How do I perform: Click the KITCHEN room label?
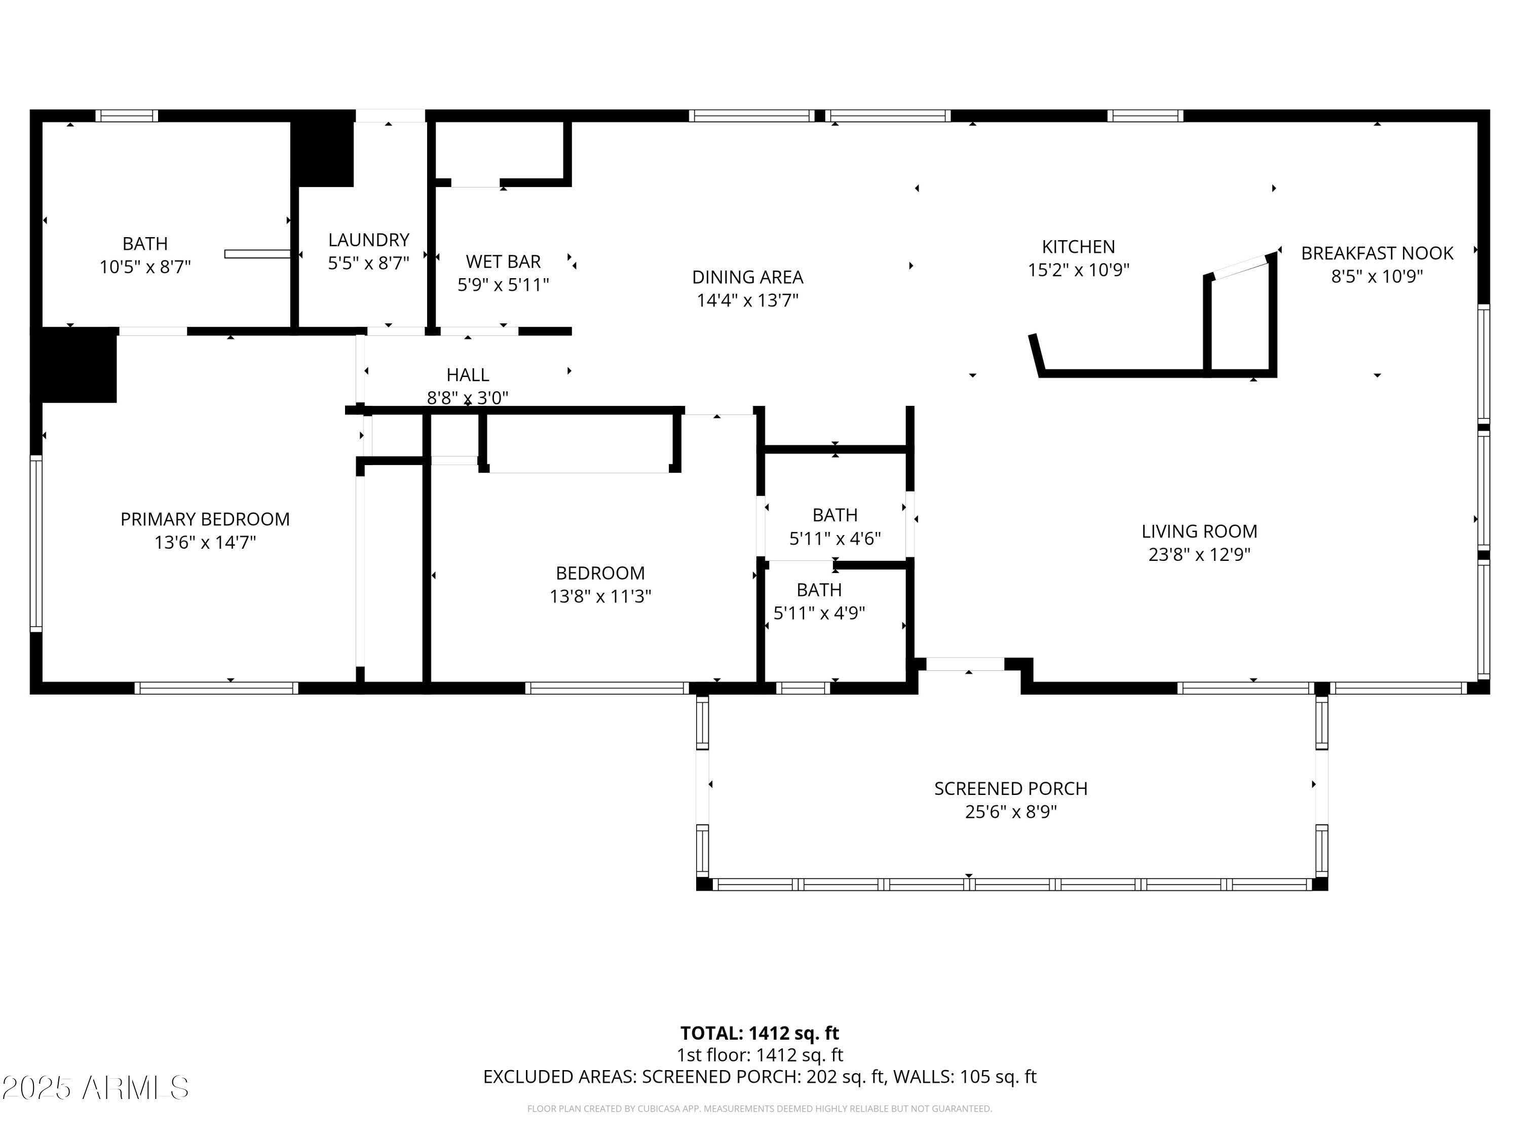(x=1078, y=247)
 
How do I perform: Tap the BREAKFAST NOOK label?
(x=1377, y=253)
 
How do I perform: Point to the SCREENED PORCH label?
(x=1010, y=789)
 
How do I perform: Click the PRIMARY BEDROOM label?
(x=205, y=519)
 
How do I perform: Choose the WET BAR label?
(x=503, y=262)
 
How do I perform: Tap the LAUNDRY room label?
(x=368, y=240)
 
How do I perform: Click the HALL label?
(x=467, y=375)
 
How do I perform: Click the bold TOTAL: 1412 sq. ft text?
(x=759, y=1034)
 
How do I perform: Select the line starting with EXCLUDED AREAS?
(x=759, y=1077)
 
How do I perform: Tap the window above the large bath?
(x=127, y=116)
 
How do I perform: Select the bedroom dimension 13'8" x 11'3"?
(x=600, y=596)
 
